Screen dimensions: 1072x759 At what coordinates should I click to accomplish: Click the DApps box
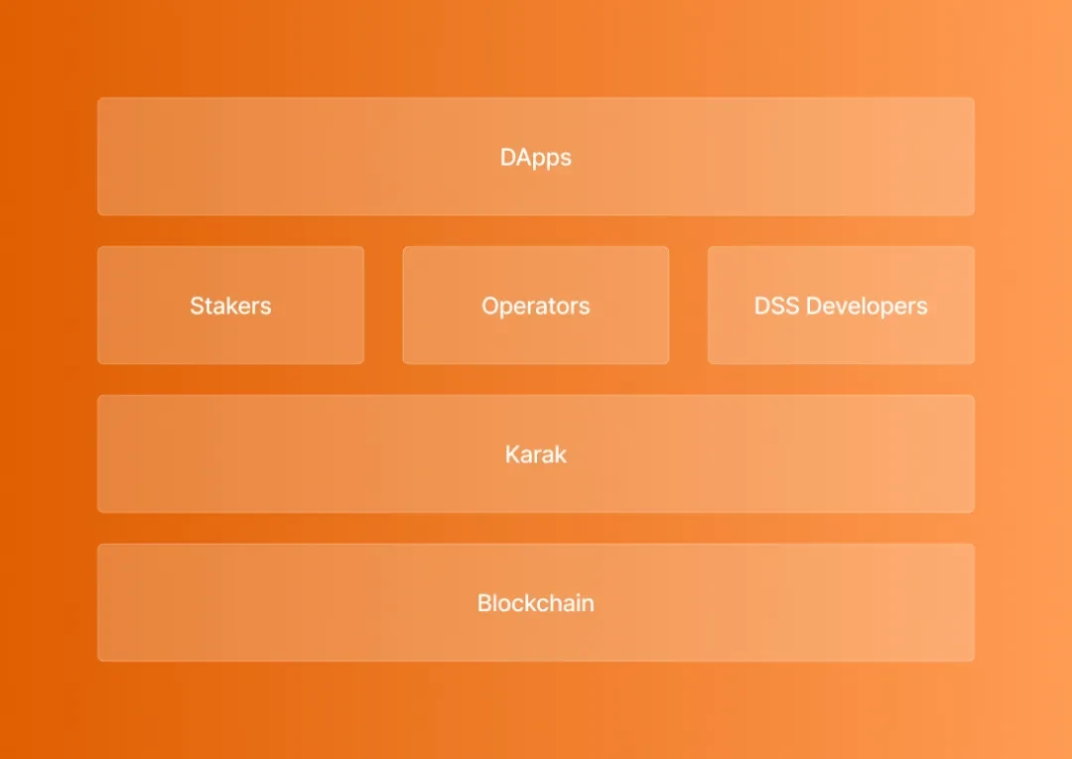coord(536,157)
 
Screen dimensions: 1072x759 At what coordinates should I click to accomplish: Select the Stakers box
coord(231,305)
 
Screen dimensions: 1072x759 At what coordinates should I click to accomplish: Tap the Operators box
coord(536,305)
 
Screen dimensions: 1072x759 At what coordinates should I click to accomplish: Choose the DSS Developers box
coord(841,305)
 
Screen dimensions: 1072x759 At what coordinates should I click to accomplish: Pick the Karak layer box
coord(536,453)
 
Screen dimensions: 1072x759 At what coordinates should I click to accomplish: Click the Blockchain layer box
coord(536,602)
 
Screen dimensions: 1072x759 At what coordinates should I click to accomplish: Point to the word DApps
coord(536,158)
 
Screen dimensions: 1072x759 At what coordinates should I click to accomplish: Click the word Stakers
coord(231,306)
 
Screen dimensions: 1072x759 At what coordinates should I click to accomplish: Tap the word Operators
coord(536,307)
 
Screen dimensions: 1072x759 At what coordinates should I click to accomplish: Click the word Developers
coord(867,307)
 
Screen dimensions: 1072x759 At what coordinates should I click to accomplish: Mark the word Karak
coord(536,454)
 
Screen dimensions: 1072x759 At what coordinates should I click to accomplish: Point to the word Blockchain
coord(536,602)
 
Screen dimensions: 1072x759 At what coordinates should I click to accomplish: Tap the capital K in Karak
coord(513,454)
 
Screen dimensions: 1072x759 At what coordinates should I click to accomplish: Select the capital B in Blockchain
coord(484,602)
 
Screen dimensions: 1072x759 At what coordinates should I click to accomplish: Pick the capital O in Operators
coord(491,306)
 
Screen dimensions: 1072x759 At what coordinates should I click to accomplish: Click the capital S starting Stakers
coord(198,306)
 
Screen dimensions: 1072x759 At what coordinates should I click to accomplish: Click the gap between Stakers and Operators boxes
coord(383,305)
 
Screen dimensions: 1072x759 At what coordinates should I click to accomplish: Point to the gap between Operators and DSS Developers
coord(689,305)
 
